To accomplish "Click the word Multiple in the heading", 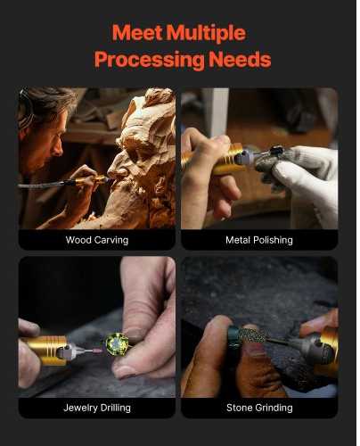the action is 206,33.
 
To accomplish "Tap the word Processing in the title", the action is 150,60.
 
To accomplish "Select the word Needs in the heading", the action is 240,59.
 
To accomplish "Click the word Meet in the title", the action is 137,32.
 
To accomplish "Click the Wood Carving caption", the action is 97,240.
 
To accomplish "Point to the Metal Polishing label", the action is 259,240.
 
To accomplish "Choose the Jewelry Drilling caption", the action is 97,408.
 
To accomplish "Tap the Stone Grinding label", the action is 259,408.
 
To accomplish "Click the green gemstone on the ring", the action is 117,343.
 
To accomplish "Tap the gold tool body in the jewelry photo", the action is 47,350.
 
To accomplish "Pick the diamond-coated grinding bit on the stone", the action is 253,336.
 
